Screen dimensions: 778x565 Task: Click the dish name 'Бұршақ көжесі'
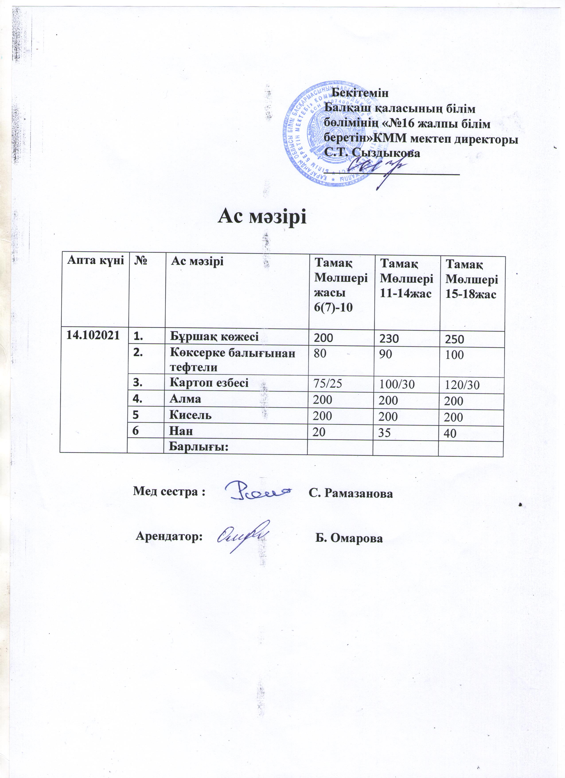point(215,336)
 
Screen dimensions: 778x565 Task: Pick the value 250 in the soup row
point(455,340)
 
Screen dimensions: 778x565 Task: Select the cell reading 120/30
point(462,386)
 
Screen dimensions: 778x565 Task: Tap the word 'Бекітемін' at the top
point(361,93)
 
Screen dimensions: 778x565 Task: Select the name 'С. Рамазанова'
point(350,493)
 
